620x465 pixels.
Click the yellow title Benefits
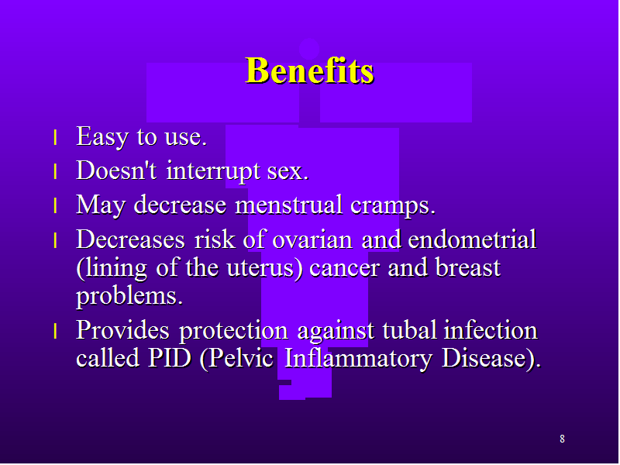pos(309,71)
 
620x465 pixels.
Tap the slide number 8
pos(562,439)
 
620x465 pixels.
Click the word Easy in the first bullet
pos(102,137)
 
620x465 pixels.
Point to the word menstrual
pos(288,205)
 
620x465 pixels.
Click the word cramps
pos(393,206)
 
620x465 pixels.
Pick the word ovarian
pos(312,240)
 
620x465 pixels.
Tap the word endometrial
pos(472,239)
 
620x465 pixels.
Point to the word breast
pos(467,267)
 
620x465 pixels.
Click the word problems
pos(129,297)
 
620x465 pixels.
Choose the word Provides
pos(122,330)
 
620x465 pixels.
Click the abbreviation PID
pos(169,358)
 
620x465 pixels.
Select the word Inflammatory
pos(358,359)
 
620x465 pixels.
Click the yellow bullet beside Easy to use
pos(55,138)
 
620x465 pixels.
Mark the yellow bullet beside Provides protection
pos(55,331)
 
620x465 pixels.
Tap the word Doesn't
pos(116,170)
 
